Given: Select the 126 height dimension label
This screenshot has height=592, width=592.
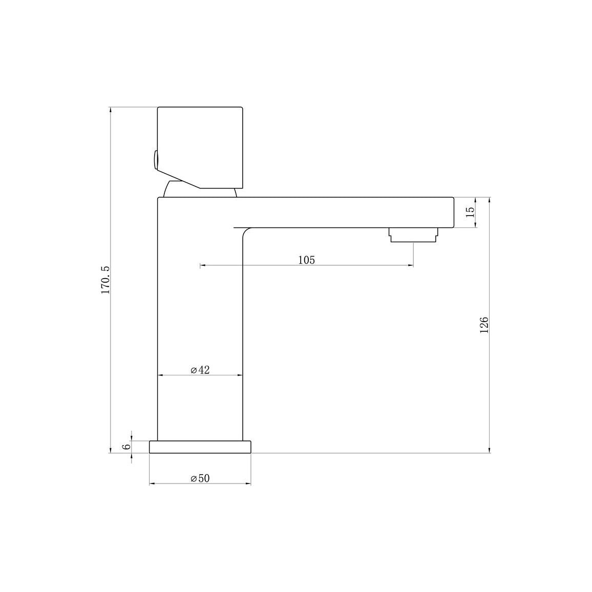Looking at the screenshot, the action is tap(483, 325).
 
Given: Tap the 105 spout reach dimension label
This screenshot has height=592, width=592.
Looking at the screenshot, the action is tap(306, 260).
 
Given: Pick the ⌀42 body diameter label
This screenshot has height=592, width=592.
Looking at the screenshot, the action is tap(200, 370).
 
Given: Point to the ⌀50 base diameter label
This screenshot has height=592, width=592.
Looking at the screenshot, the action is tap(200, 478).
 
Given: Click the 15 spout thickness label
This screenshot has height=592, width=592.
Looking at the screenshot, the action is tap(470, 212).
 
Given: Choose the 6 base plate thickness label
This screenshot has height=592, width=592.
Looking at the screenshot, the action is tap(126, 446).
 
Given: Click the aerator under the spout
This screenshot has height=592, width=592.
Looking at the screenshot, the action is tap(413, 235).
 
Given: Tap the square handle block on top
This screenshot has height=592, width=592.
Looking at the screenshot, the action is tap(200, 147).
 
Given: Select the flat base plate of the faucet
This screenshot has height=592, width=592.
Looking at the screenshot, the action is tap(200, 447).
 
